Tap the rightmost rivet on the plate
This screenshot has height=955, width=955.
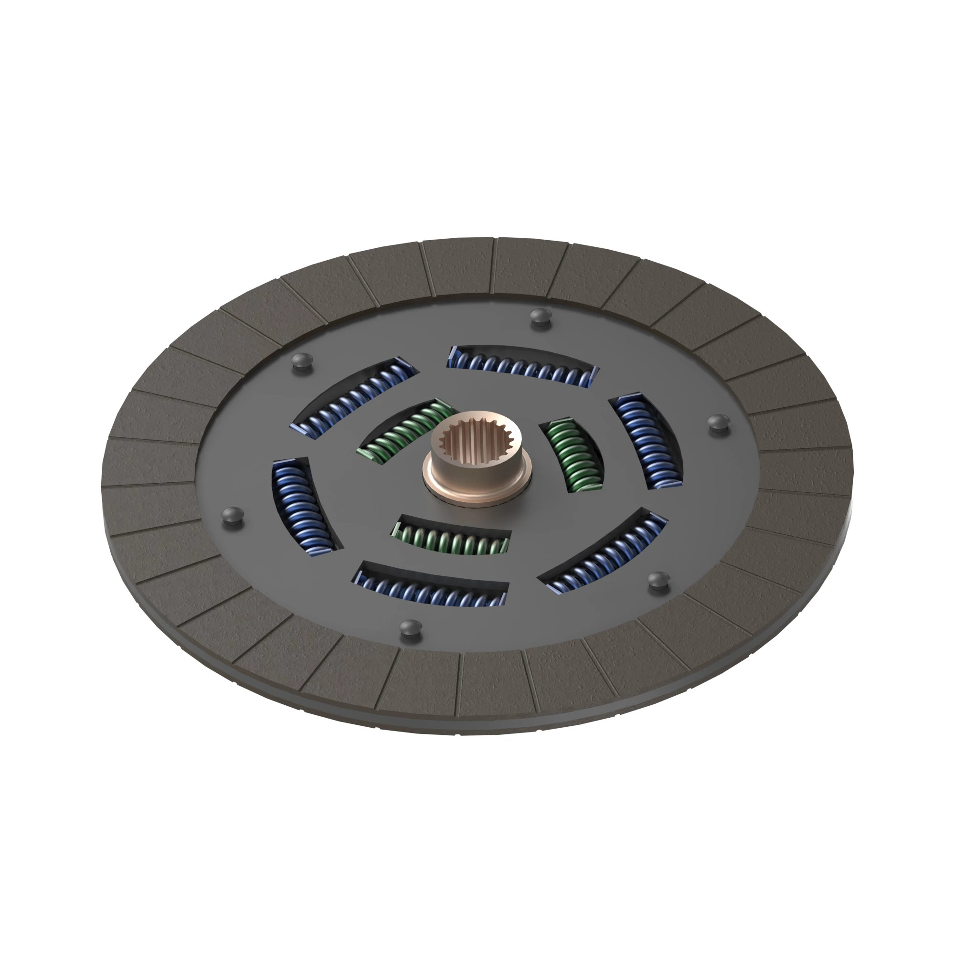tap(718, 423)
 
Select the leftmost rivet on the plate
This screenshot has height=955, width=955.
tap(233, 516)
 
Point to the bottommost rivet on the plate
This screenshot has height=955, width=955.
tap(410, 629)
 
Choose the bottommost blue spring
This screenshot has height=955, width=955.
tap(432, 588)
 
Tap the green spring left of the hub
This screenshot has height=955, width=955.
tap(405, 430)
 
